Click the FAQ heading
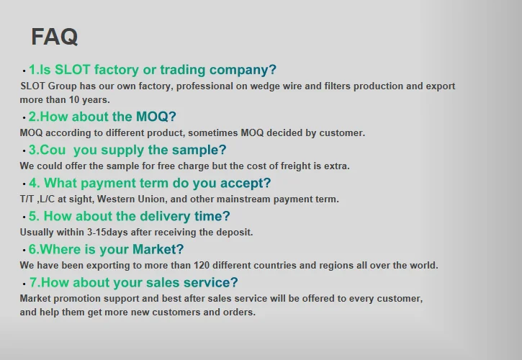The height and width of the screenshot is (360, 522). (x=55, y=37)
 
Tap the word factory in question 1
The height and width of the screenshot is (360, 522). (x=117, y=70)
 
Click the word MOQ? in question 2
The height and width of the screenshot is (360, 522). (x=156, y=117)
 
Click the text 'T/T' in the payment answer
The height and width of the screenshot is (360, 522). (x=27, y=199)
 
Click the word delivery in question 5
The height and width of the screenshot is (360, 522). (x=165, y=216)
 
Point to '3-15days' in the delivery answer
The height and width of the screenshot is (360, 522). (x=107, y=232)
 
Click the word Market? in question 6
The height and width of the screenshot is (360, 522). (x=158, y=249)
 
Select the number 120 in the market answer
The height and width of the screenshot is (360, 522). (x=202, y=266)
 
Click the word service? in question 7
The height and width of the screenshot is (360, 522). (x=210, y=282)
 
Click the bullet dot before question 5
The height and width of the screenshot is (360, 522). (x=24, y=217)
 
